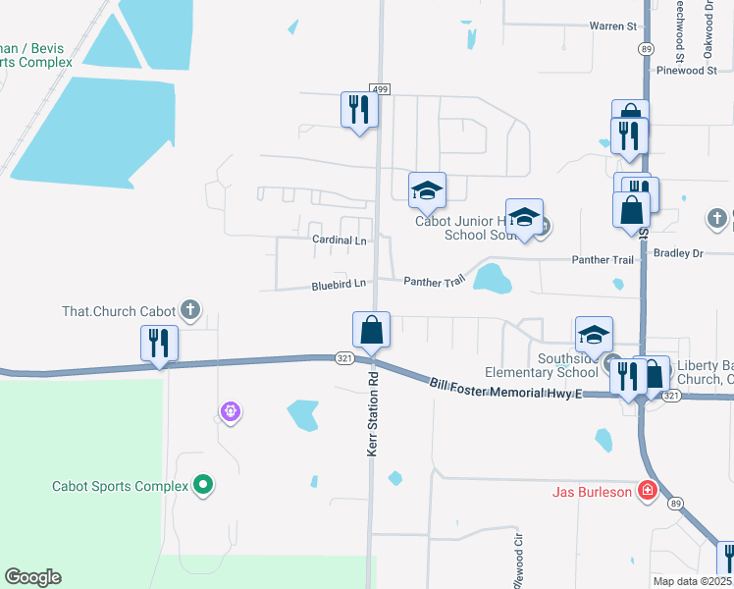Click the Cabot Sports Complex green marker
(203, 484)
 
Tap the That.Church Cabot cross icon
(191, 312)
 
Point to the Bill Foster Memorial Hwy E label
(506, 387)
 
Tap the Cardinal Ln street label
(339, 240)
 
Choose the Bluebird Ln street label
(339, 284)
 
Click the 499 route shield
(381, 89)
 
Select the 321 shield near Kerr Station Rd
(343, 358)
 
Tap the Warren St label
(613, 26)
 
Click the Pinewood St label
(687, 71)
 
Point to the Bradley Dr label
(685, 253)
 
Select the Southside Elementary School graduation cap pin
(594, 335)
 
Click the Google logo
(32, 577)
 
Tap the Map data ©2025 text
(693, 581)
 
